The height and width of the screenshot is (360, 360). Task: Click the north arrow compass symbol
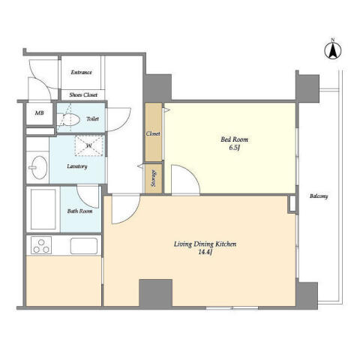coord(333,49)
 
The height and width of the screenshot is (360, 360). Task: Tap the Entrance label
coord(81,73)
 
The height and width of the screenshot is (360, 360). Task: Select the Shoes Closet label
coord(83,95)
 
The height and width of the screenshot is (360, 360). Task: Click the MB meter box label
coord(39,113)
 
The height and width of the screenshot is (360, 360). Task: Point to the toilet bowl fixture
coord(68,119)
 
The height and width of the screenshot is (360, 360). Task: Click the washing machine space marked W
coord(89,145)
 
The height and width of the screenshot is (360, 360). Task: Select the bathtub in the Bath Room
coord(43,209)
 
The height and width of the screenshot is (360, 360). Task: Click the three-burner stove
coord(41,245)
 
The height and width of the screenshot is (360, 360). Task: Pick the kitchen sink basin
coord(84,246)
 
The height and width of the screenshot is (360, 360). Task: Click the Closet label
coord(153,134)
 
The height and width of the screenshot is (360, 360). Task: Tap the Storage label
coord(154,178)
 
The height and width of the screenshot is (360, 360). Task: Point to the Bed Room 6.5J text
coord(234,143)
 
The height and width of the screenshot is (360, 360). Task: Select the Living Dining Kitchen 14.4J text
coord(205,247)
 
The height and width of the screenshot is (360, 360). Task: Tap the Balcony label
coord(319,196)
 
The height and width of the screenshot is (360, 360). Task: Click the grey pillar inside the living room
coord(155,292)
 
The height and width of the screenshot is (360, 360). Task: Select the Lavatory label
coord(77,166)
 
